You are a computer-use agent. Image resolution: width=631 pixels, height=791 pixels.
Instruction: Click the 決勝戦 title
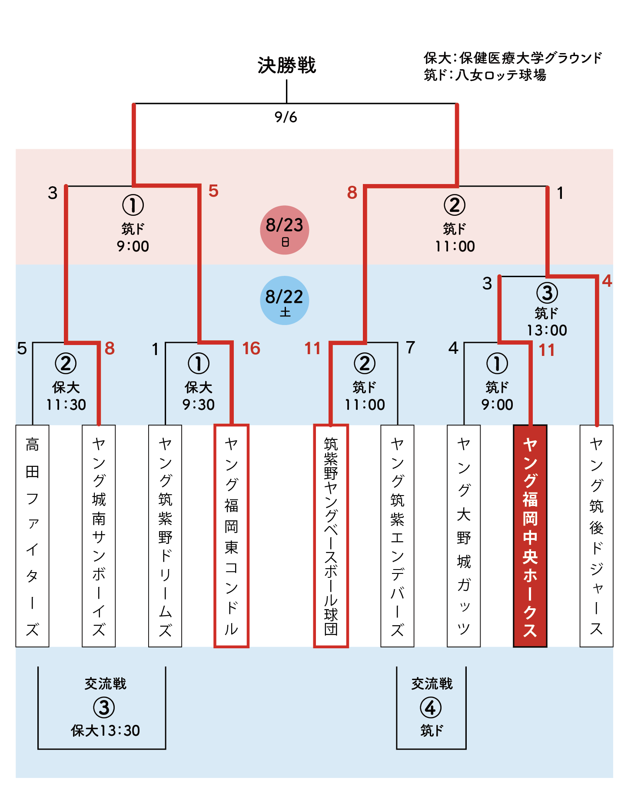(x=287, y=65)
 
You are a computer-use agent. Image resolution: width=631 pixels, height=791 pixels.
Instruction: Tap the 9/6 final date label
(x=286, y=117)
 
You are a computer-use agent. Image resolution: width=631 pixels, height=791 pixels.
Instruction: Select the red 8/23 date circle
(x=285, y=230)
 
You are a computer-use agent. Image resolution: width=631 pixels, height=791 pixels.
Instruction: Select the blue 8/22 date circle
(x=285, y=300)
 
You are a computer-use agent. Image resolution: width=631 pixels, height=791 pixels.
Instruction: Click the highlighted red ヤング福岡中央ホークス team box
(x=530, y=536)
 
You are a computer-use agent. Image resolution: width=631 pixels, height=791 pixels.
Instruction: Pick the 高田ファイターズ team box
(x=32, y=536)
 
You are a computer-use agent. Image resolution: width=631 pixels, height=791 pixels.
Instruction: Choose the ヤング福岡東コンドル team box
(x=232, y=536)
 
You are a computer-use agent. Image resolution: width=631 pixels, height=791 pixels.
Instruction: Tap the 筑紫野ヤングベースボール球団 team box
(x=331, y=536)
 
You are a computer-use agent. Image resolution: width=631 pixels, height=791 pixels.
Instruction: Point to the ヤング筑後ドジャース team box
(x=597, y=536)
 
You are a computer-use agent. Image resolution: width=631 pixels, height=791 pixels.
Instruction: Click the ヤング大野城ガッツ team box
(x=464, y=536)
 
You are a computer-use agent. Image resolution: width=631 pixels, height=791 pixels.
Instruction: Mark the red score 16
(x=251, y=349)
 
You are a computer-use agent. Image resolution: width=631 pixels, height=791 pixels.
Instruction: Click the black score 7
(x=411, y=348)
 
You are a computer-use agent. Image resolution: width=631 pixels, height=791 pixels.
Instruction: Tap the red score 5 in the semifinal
(x=213, y=191)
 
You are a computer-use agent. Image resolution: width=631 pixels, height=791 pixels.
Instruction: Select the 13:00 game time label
(x=547, y=330)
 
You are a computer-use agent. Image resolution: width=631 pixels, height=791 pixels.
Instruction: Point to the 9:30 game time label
(x=199, y=405)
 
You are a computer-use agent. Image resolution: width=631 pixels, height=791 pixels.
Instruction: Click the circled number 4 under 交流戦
(x=431, y=707)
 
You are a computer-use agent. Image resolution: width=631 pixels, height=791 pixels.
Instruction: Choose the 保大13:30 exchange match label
(x=106, y=731)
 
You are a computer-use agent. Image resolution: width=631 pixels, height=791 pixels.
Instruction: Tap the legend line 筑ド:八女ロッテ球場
(x=485, y=75)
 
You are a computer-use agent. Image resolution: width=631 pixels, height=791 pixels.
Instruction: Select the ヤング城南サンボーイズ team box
(x=99, y=536)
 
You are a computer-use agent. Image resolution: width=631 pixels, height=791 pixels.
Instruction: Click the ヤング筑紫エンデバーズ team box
(x=397, y=536)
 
